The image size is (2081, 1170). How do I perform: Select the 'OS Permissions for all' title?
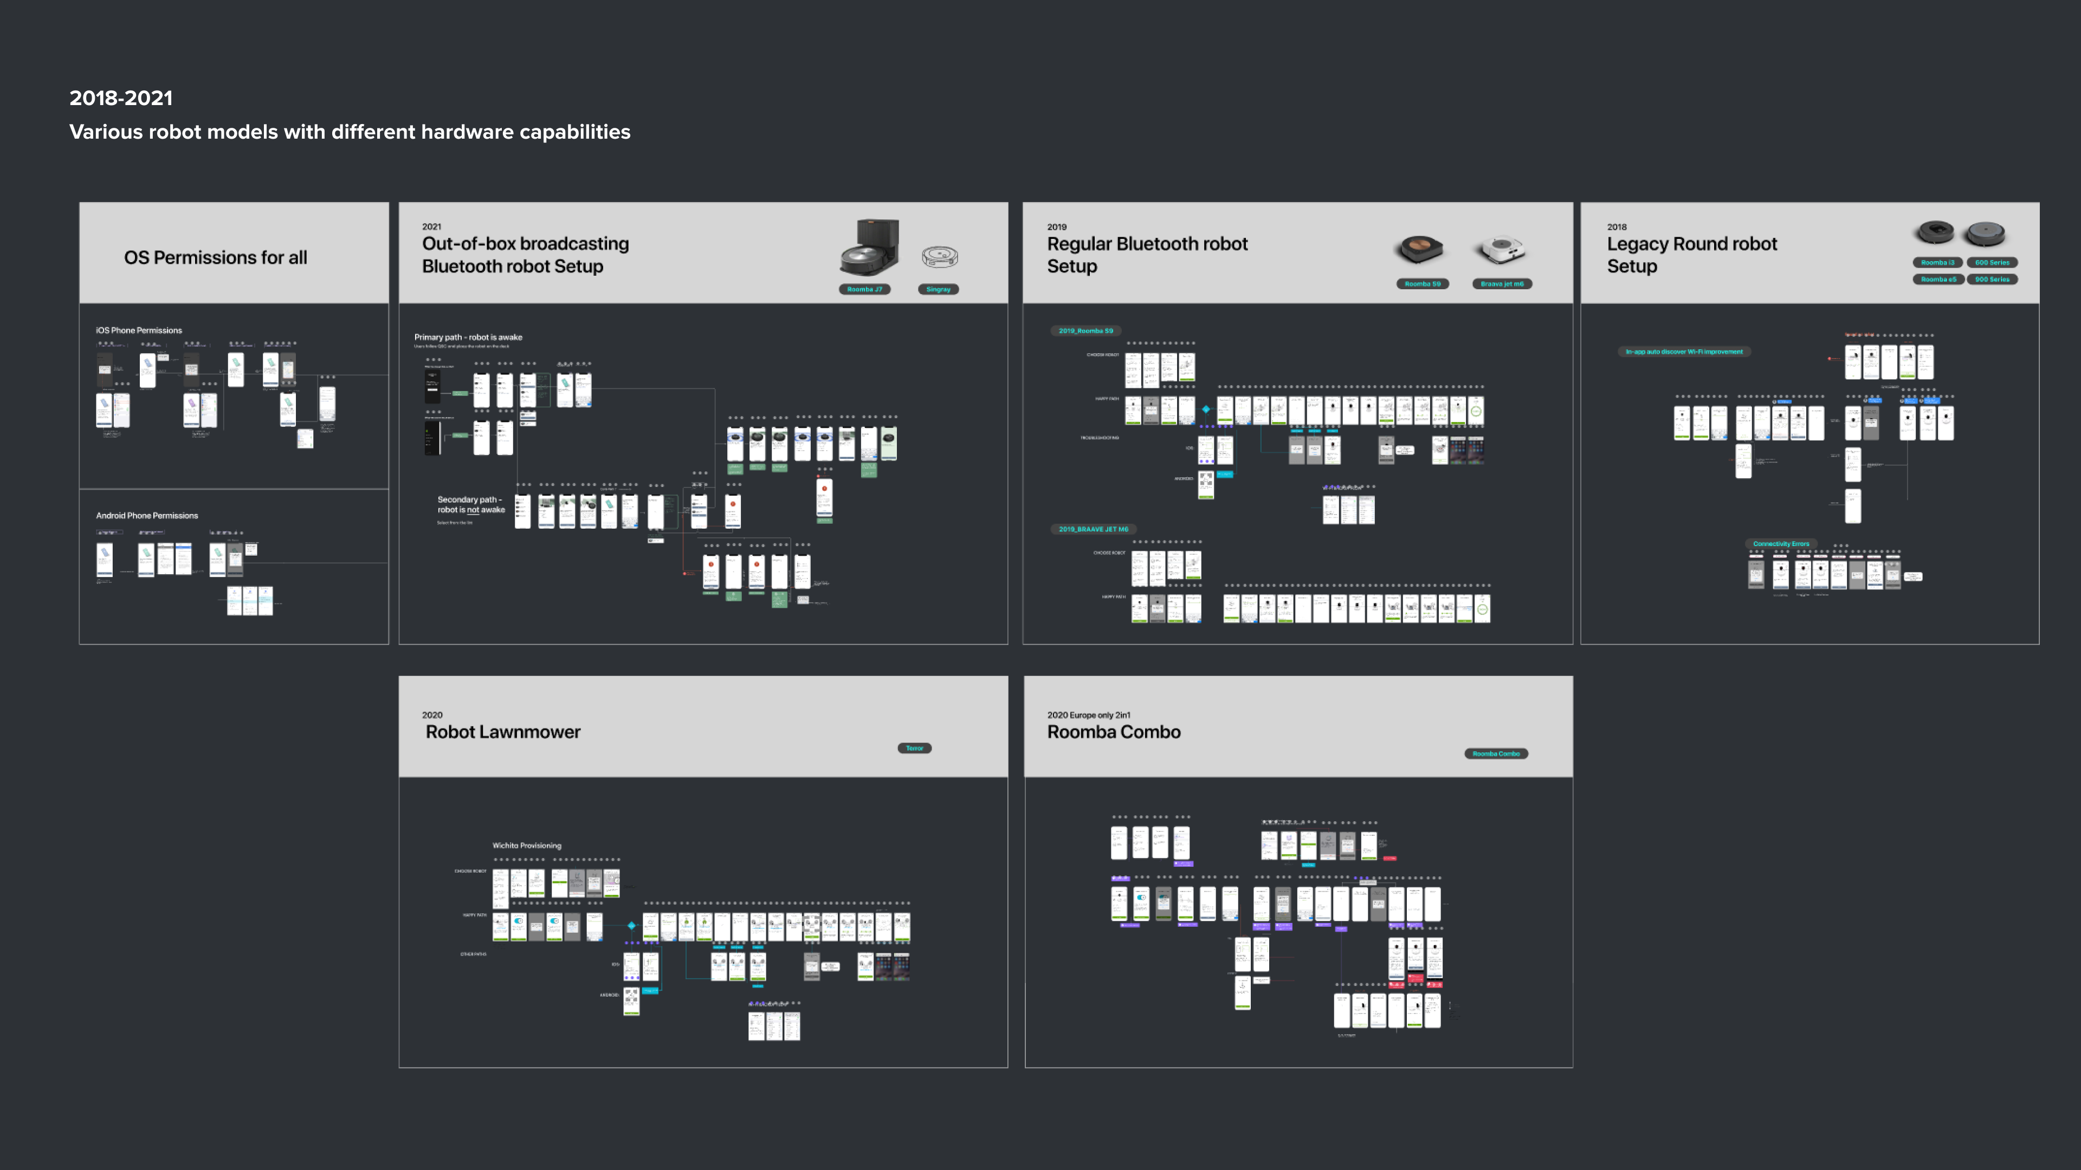pos(216,258)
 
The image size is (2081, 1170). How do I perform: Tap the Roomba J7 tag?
pos(864,289)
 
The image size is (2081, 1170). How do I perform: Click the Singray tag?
pos(938,289)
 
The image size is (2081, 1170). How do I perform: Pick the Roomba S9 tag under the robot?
pos(1423,283)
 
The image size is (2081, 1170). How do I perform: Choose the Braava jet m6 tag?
pos(1502,283)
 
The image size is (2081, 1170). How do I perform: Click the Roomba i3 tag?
pos(1937,262)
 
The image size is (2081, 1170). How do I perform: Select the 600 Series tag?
pos(1992,262)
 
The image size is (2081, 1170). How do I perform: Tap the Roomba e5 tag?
pos(1938,279)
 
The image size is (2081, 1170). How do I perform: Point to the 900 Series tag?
pos(1992,279)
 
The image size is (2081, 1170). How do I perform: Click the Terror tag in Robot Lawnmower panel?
pos(914,749)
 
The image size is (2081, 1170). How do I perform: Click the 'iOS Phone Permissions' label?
pos(139,330)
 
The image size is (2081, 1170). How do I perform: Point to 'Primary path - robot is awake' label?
pos(469,337)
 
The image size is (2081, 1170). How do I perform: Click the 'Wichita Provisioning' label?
pos(527,846)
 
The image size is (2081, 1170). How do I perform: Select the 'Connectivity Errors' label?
pos(1780,544)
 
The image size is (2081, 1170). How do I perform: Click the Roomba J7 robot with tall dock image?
pos(870,248)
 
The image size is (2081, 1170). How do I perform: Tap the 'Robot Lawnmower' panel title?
pos(503,732)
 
